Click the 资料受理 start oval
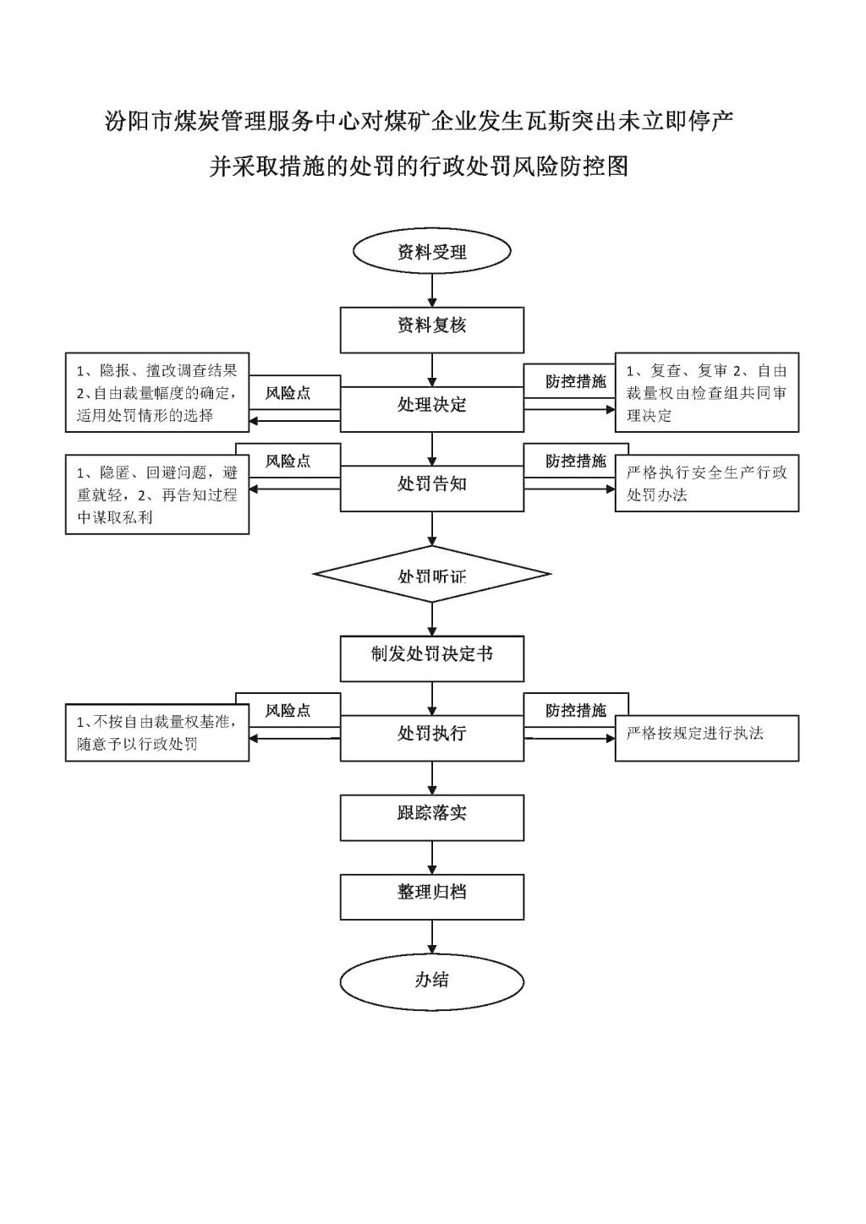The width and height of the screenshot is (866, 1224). (432, 251)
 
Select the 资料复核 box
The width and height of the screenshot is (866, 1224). (432, 330)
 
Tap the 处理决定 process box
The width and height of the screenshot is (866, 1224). (432, 409)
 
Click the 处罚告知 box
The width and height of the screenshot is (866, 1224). (432, 488)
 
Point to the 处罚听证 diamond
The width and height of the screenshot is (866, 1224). (432, 574)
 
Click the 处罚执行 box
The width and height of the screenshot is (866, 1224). (432, 738)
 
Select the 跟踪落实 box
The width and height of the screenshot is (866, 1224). (432, 817)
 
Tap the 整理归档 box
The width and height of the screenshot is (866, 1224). (432, 897)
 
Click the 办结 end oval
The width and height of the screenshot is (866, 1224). (432, 982)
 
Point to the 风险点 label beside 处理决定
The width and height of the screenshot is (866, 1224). (288, 393)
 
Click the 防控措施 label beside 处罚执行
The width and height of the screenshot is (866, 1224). (576, 710)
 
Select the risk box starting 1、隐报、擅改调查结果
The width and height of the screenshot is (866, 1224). (157, 392)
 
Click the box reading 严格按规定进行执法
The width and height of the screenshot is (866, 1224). (707, 738)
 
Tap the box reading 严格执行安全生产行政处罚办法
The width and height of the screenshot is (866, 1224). (707, 483)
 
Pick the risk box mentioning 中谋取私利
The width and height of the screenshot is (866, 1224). (157, 494)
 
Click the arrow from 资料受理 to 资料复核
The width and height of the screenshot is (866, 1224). (432, 290)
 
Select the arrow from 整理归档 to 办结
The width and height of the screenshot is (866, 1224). (432, 937)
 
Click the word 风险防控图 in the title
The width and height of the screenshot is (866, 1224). (570, 167)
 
